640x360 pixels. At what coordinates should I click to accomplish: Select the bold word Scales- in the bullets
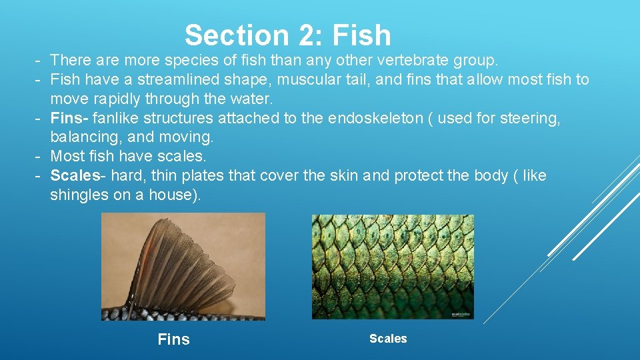78,176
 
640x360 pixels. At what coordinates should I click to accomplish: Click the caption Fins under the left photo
173,339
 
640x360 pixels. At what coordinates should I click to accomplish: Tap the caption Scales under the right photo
388,339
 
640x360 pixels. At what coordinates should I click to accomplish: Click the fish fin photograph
183,266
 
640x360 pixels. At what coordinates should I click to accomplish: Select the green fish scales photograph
393,266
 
